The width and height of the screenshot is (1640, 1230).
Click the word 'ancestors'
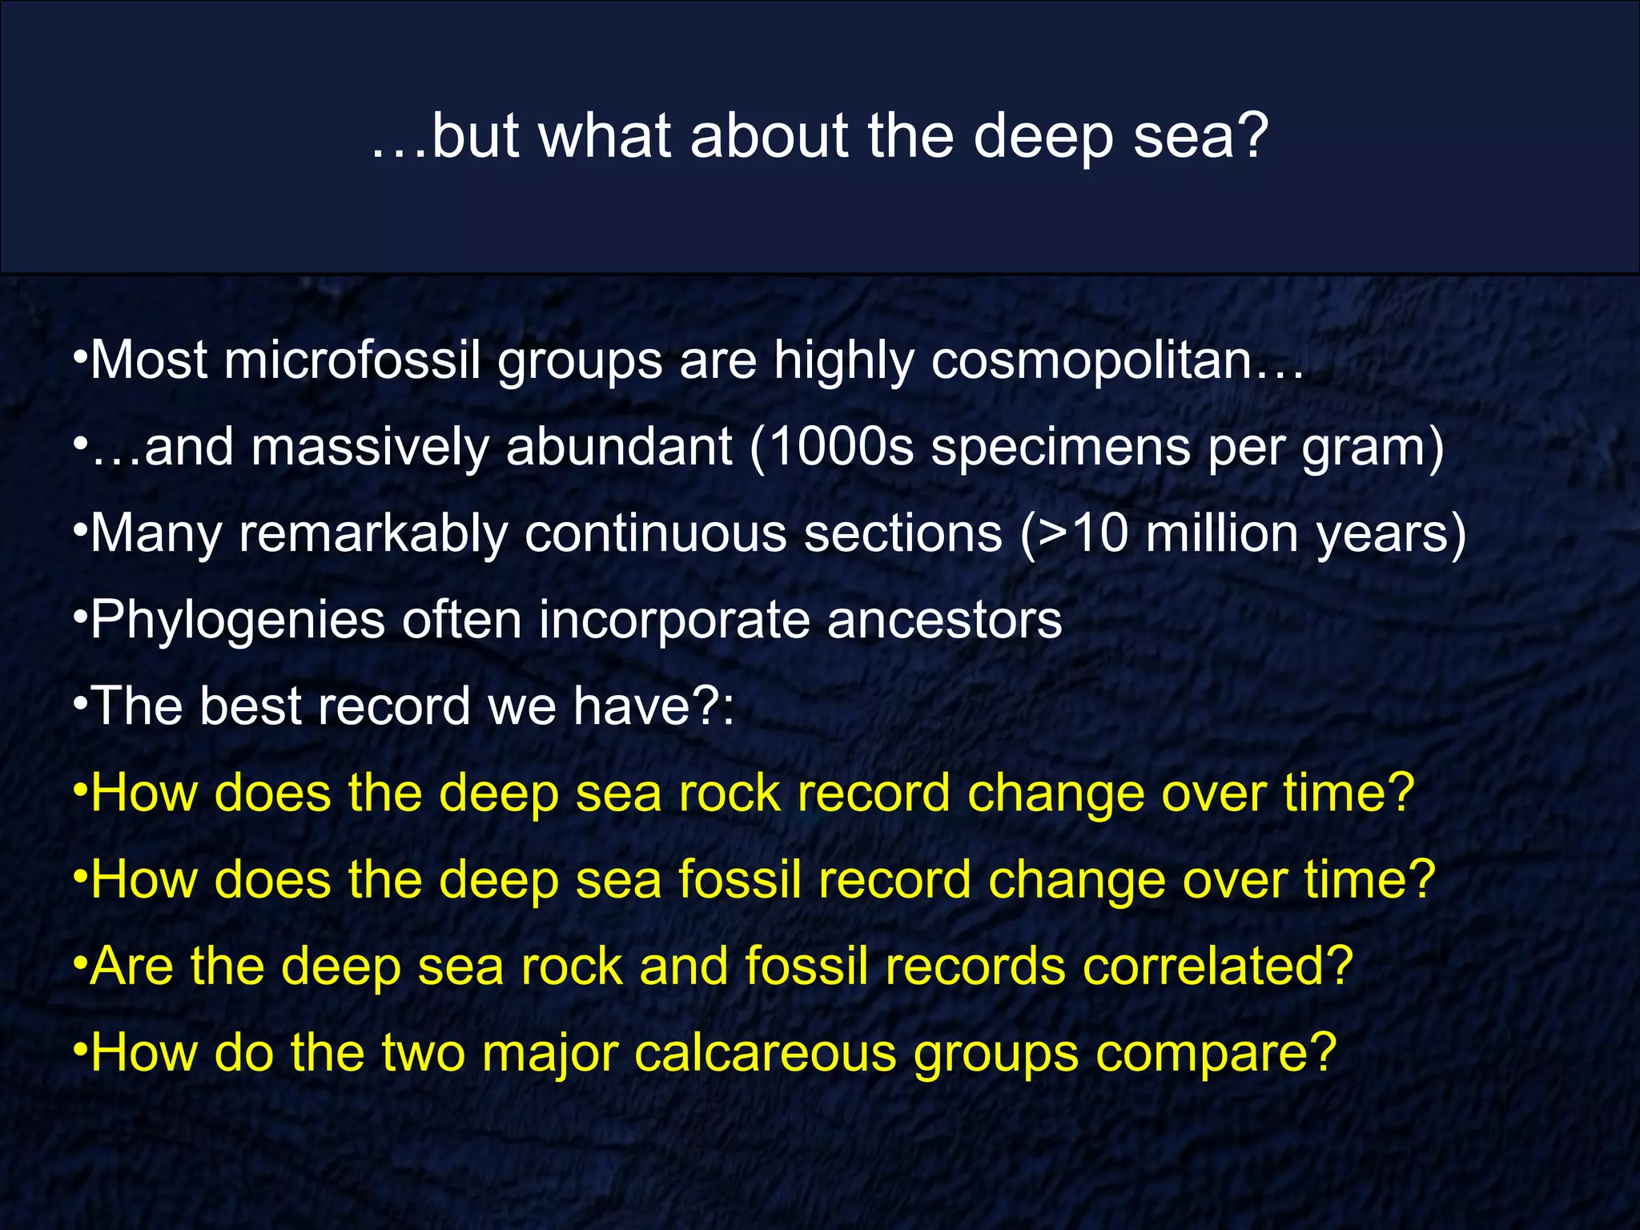[944, 620]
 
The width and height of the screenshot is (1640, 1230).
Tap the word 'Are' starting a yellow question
[131, 966]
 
